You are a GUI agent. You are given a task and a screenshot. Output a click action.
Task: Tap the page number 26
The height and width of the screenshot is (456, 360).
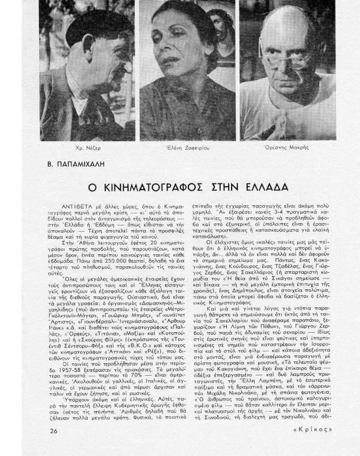pyautogui.click(x=54, y=431)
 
